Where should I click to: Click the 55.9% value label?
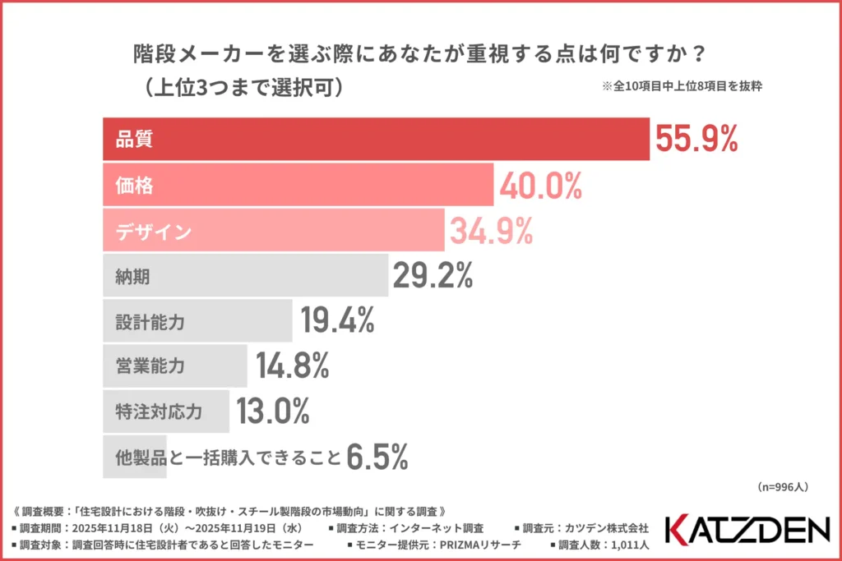(696, 139)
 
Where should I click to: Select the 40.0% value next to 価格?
(540, 186)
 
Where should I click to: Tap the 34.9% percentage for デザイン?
(491, 232)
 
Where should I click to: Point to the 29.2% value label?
(433, 276)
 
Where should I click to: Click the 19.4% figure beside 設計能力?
(337, 321)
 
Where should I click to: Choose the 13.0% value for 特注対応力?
(273, 411)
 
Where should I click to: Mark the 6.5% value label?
(377, 457)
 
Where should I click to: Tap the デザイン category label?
(154, 232)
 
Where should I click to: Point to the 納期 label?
(132, 277)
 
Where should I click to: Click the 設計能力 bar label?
(150, 322)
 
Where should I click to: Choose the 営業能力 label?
(150, 366)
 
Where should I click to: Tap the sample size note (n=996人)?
(782, 487)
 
